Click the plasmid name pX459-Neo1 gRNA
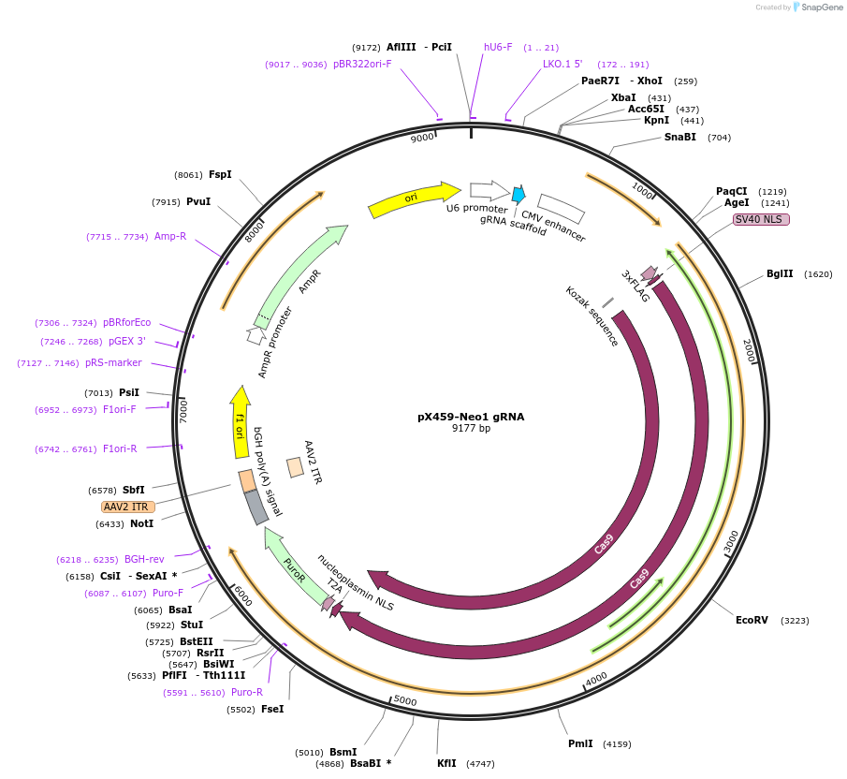(x=471, y=417)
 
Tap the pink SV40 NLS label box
(x=761, y=219)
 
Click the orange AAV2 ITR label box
(x=128, y=507)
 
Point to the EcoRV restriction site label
(x=752, y=620)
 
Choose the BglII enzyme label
(x=780, y=274)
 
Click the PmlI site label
(x=580, y=743)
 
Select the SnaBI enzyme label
(x=680, y=137)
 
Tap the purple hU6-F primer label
(x=498, y=47)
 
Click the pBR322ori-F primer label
(x=362, y=65)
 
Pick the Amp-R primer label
(x=170, y=237)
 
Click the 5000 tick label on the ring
(x=404, y=700)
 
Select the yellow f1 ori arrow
(x=241, y=426)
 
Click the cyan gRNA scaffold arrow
(x=518, y=195)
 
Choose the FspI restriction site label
(x=220, y=174)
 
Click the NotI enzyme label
(x=141, y=524)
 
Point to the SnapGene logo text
(x=819, y=7)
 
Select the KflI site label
(x=446, y=763)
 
